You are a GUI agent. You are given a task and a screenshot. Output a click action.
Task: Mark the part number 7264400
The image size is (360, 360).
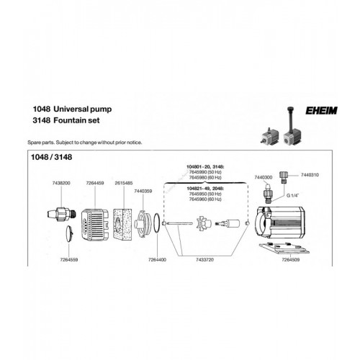tap(154, 258)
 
